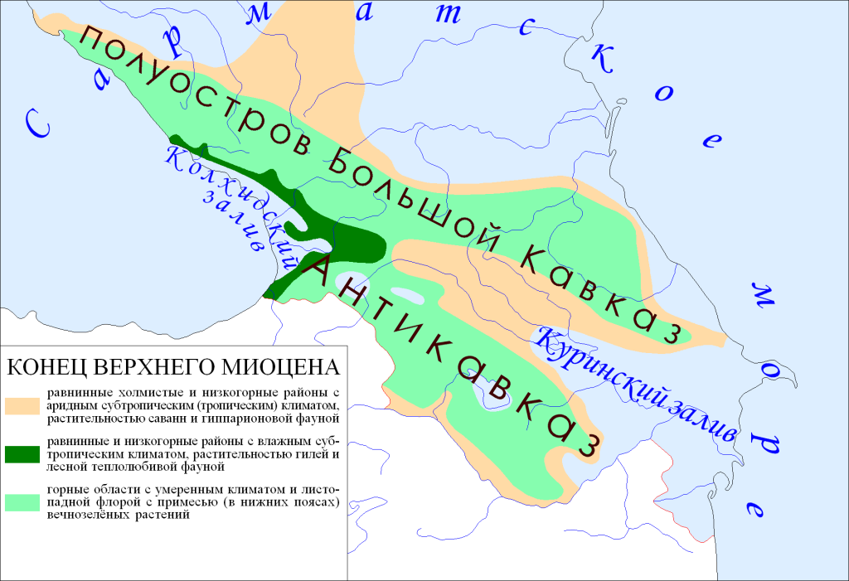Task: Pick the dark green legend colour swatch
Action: point(23,454)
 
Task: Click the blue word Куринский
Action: point(593,366)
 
